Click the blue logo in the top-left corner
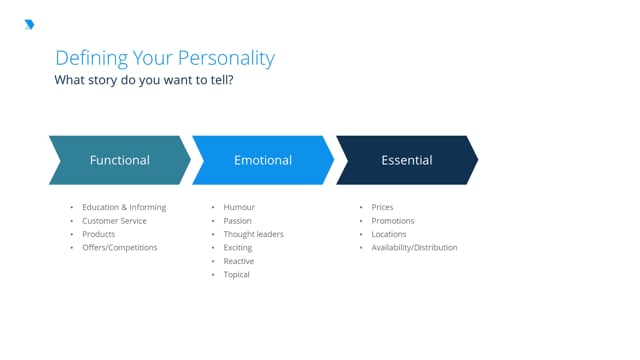point(29,25)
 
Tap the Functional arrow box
point(120,160)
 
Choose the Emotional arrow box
point(263,160)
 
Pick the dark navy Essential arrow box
point(406,160)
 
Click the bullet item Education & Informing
point(124,207)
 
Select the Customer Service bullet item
point(114,221)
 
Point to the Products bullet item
point(99,234)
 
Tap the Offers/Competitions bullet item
point(120,247)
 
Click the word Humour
point(240,207)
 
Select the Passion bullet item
point(238,221)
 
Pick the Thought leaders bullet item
point(254,234)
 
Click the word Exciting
point(238,247)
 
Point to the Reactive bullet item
point(239,261)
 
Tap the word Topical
point(237,274)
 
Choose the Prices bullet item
point(382,207)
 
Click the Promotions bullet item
point(392,221)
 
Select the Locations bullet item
point(389,234)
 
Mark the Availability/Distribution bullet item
point(414,247)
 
